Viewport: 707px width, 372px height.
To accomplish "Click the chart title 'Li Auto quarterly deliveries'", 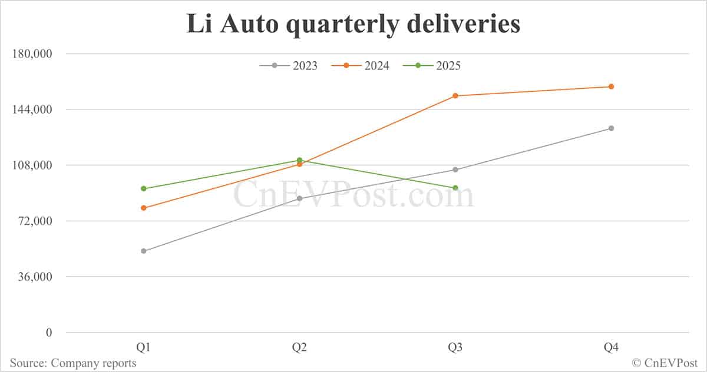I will point(353,25).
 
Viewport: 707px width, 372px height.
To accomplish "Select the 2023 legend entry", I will point(289,65).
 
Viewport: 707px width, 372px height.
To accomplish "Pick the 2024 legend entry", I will point(361,65).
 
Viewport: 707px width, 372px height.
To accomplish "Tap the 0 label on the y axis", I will point(49,333).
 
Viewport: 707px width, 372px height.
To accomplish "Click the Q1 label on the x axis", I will point(144,348).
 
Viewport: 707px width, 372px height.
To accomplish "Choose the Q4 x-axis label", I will point(611,348).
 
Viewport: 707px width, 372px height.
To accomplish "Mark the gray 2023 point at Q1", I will point(144,251).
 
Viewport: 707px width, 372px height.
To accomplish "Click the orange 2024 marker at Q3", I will point(455,95).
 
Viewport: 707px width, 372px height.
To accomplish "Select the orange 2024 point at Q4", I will point(611,87).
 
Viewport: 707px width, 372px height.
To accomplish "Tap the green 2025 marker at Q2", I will point(300,160).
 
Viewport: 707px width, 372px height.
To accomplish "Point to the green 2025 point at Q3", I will point(455,188).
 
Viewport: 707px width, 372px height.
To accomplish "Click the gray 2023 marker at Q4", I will point(611,128).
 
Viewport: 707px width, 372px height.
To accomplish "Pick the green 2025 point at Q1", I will point(144,188).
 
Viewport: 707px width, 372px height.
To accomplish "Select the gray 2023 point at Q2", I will point(300,198).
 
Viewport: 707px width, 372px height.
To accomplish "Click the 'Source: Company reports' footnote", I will point(73,363).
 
